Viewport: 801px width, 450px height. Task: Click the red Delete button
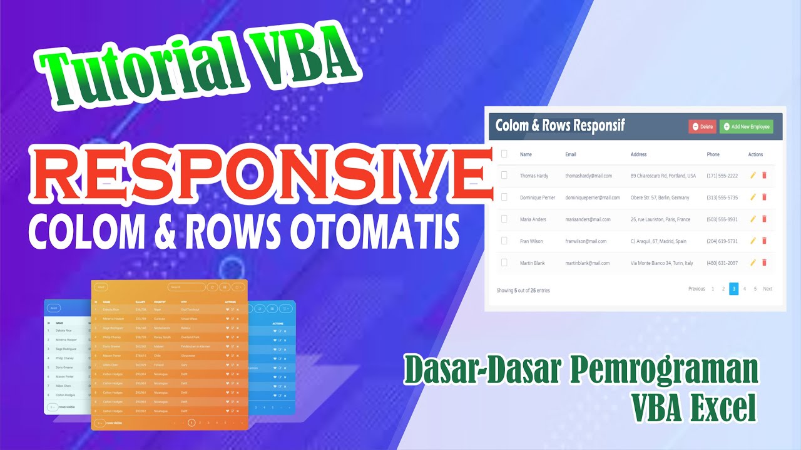tap(702, 127)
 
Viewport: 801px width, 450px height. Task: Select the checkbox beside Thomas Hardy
tap(504, 176)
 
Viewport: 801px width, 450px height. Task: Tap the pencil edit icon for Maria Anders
tap(753, 219)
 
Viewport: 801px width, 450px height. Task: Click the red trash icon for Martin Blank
tap(764, 262)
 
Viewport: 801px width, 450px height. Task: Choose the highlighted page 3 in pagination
tap(733, 289)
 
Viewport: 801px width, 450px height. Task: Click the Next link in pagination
tap(767, 289)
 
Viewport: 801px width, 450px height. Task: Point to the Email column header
tap(570, 154)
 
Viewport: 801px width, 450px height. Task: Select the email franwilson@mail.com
tap(586, 241)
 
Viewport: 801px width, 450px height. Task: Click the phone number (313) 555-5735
tap(722, 197)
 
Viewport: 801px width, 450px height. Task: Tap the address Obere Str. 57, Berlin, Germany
tap(660, 197)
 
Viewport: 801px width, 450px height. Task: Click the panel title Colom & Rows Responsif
tap(560, 126)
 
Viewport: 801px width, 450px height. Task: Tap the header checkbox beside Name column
tap(504, 154)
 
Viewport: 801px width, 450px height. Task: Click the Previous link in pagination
tap(696, 289)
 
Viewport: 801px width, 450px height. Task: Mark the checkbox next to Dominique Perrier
tap(504, 197)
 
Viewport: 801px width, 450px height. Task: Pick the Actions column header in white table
tap(755, 154)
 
